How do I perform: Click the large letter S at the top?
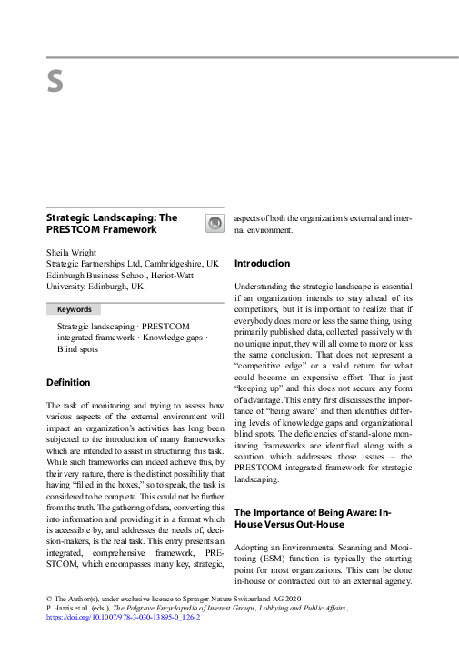click(55, 83)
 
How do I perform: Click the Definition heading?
click(68, 382)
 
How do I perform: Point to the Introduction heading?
click(263, 264)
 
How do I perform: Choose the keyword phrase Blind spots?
click(80, 348)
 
